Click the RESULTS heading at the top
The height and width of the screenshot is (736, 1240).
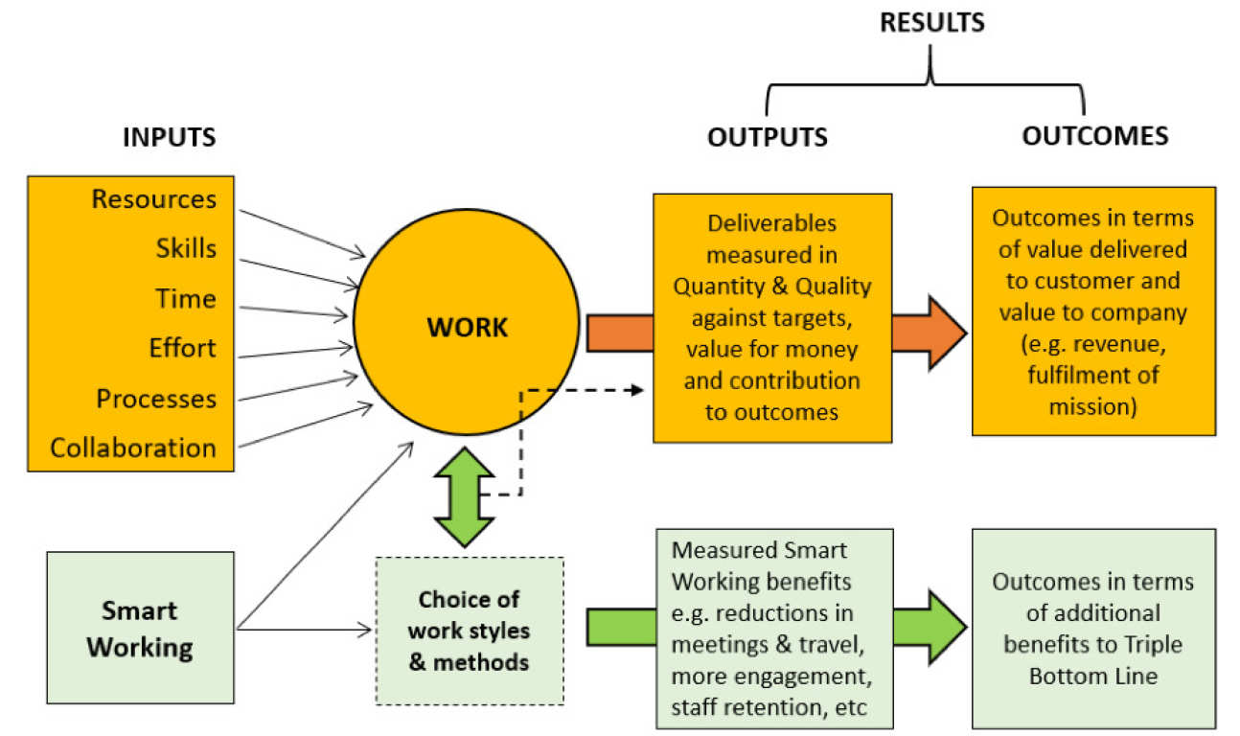(x=931, y=22)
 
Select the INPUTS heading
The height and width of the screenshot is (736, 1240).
(x=169, y=137)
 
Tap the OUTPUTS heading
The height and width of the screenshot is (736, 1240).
(x=767, y=137)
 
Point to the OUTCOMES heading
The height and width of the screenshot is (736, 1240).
(x=1094, y=136)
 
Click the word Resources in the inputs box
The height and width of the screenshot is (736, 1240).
(x=153, y=199)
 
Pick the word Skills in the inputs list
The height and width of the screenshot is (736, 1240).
(x=186, y=249)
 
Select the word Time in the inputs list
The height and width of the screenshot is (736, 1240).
(x=186, y=299)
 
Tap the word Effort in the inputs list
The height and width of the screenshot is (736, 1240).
(x=182, y=348)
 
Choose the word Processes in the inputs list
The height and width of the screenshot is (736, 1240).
(x=156, y=398)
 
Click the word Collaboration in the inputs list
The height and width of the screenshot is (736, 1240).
(x=133, y=448)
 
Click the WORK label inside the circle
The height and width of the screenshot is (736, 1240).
(x=467, y=328)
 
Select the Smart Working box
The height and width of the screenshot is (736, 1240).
(x=140, y=629)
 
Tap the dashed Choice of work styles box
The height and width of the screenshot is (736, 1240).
(x=469, y=631)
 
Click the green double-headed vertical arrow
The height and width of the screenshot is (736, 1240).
(x=464, y=495)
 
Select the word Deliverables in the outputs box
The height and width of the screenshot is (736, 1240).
(x=772, y=223)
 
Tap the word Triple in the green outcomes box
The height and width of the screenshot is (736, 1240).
(x=1150, y=644)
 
